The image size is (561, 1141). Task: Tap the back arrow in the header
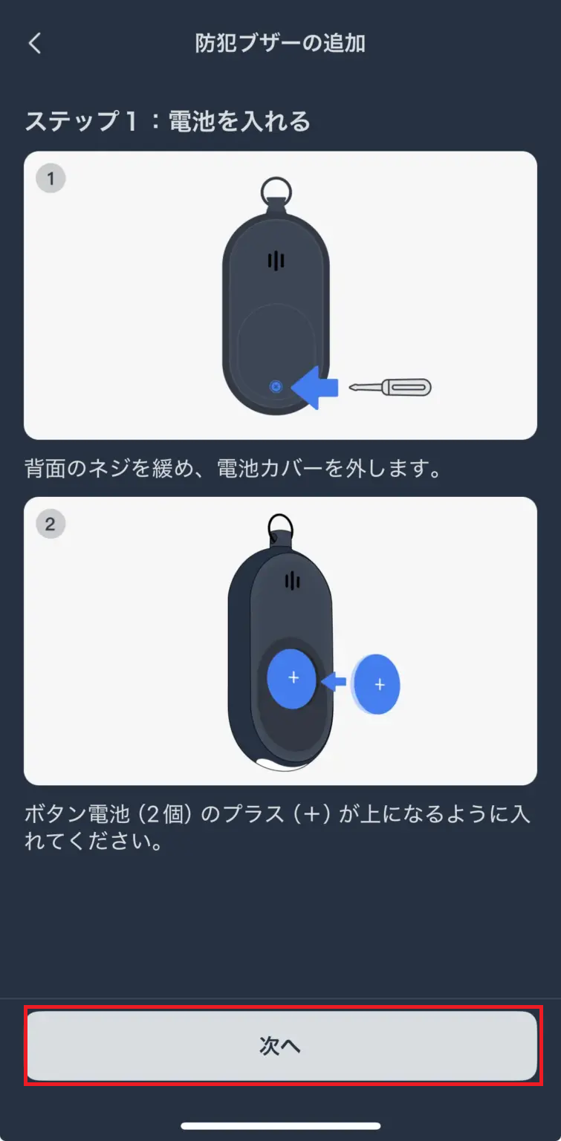(34, 43)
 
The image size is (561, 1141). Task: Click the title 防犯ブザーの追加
(280, 43)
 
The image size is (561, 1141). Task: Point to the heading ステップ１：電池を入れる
(168, 121)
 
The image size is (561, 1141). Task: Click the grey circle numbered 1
(51, 179)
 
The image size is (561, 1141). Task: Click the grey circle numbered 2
(51, 524)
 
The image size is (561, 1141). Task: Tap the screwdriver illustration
(391, 387)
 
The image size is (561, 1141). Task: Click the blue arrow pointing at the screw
(315, 387)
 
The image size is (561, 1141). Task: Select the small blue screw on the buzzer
(276, 387)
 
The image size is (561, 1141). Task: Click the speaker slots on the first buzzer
(276, 261)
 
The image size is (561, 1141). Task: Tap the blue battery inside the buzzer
(293, 677)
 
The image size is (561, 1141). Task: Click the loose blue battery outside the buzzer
(378, 684)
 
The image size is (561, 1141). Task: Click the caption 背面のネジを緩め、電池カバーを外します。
(233, 469)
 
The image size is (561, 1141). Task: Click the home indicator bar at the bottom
(280, 1126)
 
